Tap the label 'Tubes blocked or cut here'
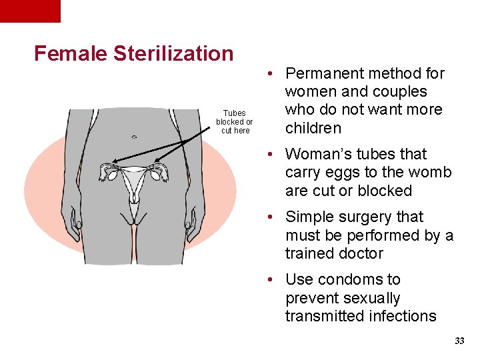click(x=235, y=122)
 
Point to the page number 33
click(x=459, y=341)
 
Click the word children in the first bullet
click(x=313, y=128)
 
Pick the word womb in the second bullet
click(x=431, y=172)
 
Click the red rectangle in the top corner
click(x=30, y=11)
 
